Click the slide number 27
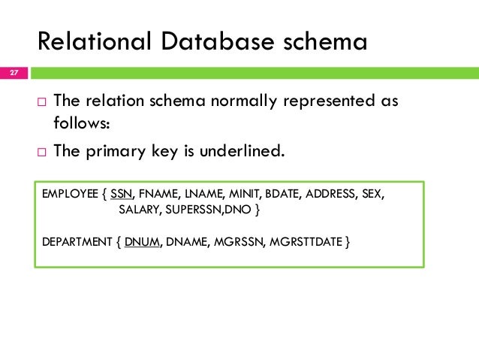[x=14, y=73]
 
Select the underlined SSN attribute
[x=120, y=192]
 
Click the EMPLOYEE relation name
[x=70, y=192]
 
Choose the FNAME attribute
[x=156, y=192]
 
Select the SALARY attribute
[x=140, y=210]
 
